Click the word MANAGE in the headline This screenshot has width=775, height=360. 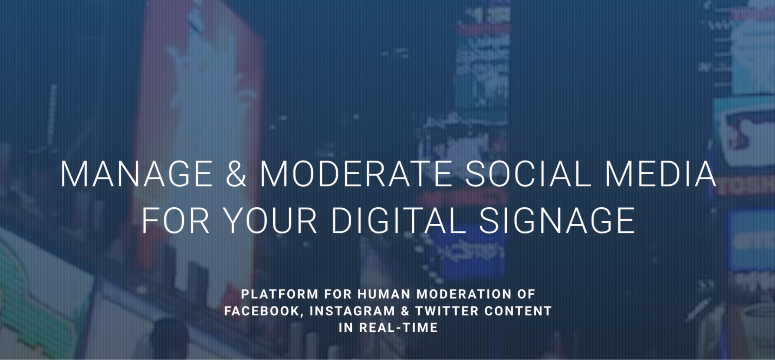[x=136, y=174]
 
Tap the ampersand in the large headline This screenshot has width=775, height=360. [x=236, y=174]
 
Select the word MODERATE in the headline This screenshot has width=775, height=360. [x=356, y=174]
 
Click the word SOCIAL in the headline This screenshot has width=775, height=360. [x=528, y=174]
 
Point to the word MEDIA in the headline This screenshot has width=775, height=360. [x=660, y=174]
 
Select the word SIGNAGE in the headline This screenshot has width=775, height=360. [x=557, y=220]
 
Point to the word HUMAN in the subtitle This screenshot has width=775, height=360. [x=384, y=294]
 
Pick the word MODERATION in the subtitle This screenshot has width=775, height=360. [x=464, y=294]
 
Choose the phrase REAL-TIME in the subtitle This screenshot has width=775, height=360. [x=398, y=328]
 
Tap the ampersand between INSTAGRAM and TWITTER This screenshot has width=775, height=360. [x=405, y=311]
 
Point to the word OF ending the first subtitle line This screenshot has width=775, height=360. [x=526, y=294]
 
